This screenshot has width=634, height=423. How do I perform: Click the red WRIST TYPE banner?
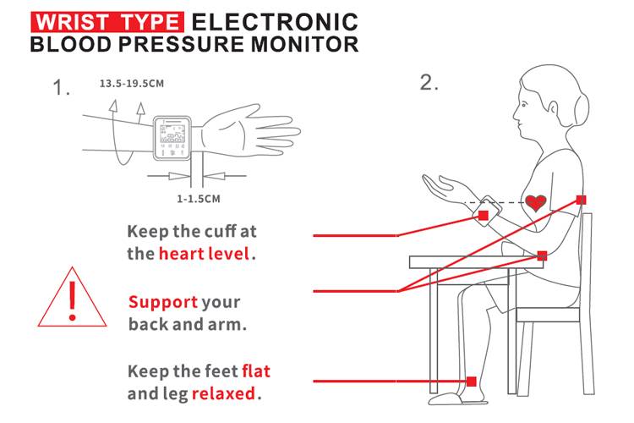coord(107,22)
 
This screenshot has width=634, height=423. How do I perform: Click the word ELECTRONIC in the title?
coord(275,22)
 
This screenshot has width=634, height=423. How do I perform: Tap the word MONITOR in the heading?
coord(305,44)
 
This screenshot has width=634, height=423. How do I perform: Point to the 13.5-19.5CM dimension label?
coord(132,84)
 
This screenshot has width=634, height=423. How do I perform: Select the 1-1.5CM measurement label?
coord(199,199)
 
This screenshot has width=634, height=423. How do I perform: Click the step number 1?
coord(62,87)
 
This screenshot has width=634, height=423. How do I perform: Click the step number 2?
coord(429,83)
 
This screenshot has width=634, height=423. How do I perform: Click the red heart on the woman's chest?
coord(536,203)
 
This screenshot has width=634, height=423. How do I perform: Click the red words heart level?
coord(204,254)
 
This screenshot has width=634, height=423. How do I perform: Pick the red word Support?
coord(163,302)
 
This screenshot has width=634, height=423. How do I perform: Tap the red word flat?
coord(256,371)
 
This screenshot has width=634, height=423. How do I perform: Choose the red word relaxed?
coord(223,393)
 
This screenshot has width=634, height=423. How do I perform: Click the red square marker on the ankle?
coord(472,382)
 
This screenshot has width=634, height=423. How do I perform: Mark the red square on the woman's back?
coord(581,200)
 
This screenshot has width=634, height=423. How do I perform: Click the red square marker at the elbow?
coord(542,255)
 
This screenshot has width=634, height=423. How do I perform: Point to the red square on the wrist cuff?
coord(484,215)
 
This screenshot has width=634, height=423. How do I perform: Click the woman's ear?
coord(553,108)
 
